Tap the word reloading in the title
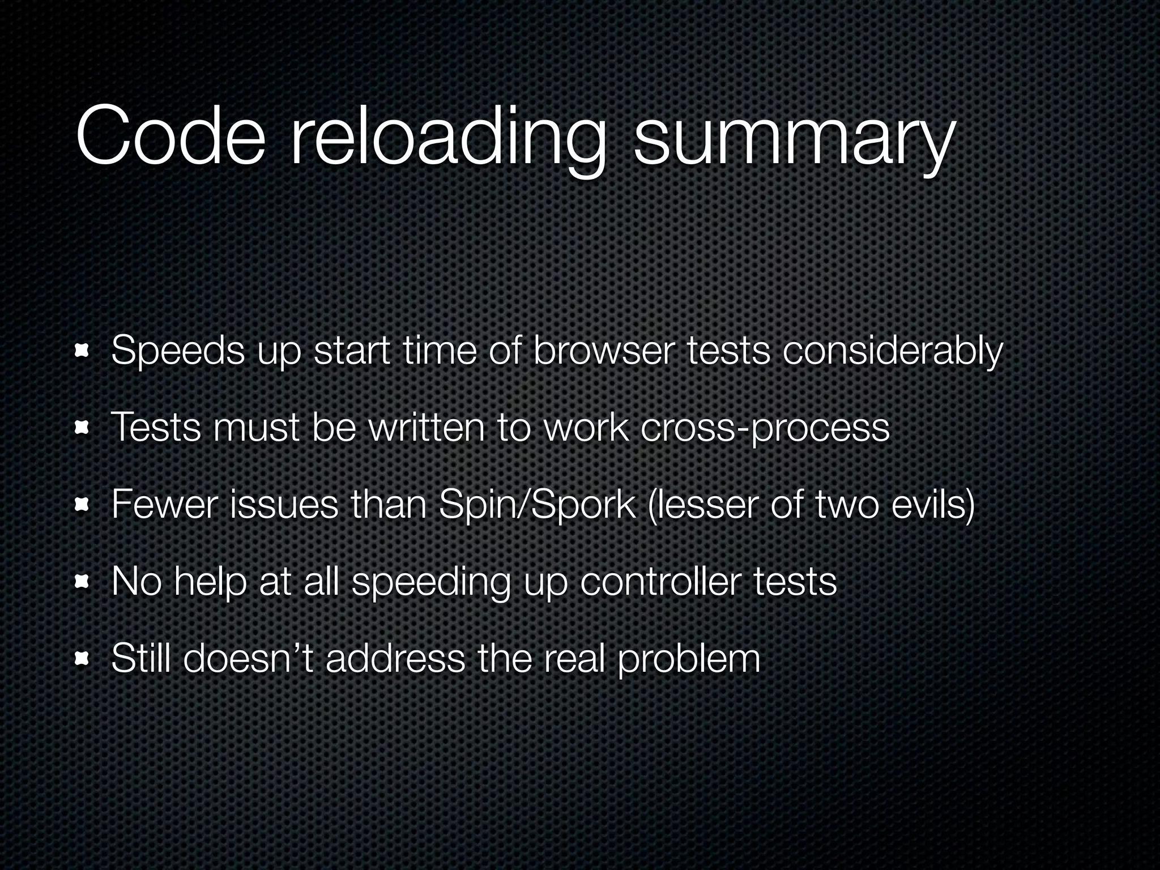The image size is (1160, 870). (447, 139)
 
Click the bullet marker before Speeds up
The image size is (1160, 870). (83, 352)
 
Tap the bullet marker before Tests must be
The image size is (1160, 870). (83, 429)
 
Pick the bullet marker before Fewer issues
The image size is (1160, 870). (83, 505)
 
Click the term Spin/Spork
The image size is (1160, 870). (536, 505)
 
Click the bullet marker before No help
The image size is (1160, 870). (83, 582)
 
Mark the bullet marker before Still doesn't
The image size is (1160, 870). (83, 658)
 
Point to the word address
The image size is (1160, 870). (396, 658)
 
